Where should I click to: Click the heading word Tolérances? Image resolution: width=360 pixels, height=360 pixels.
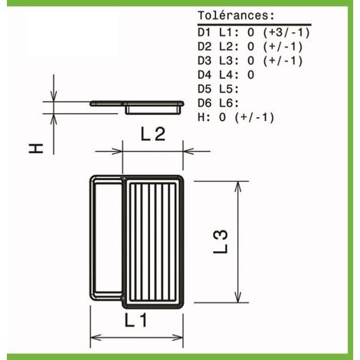point(236,16)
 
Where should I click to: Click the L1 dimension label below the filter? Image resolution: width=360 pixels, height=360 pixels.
point(136,321)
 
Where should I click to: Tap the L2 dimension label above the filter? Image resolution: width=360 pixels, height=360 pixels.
point(153,134)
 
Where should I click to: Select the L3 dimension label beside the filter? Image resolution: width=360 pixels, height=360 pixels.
point(221,241)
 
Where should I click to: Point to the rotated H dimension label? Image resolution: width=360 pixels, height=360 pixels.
point(36,149)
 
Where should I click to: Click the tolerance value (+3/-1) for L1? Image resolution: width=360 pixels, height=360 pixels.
point(286,33)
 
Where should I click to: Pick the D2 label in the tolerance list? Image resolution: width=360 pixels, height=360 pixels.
point(205,47)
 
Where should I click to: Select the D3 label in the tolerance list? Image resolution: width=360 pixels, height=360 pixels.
point(205,61)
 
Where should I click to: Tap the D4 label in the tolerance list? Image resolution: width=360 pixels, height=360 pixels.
point(205,75)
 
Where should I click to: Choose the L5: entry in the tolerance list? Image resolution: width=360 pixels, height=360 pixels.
point(229,89)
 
